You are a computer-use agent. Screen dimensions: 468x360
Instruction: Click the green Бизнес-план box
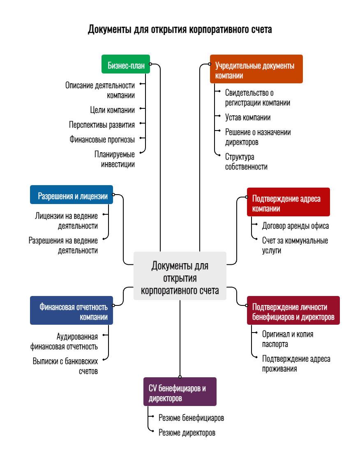(126, 64)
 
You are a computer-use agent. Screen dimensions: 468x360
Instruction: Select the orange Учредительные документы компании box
(256, 69)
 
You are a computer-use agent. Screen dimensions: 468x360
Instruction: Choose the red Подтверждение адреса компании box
(288, 202)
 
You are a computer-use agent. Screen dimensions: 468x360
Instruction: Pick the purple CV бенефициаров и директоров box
(180, 392)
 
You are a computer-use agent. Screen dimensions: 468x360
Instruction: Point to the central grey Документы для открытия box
(180, 275)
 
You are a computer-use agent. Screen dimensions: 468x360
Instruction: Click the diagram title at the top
(180, 30)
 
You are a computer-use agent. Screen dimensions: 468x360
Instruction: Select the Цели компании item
(112, 110)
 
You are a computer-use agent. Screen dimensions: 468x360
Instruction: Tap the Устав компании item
(248, 118)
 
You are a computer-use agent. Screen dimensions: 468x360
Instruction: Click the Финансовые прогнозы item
(102, 139)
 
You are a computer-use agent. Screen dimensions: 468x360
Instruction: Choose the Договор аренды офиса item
(295, 226)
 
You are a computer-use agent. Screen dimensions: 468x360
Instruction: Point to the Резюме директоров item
(187, 433)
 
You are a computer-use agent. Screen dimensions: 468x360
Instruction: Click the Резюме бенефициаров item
(191, 418)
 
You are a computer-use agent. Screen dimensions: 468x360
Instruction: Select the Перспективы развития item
(102, 124)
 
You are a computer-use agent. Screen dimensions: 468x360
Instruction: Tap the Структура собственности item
(246, 162)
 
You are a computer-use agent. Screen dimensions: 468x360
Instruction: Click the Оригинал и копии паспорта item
(288, 339)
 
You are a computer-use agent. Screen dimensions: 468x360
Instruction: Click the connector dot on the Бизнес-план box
(150, 64)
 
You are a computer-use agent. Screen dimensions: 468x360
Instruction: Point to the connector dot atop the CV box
(180, 376)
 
